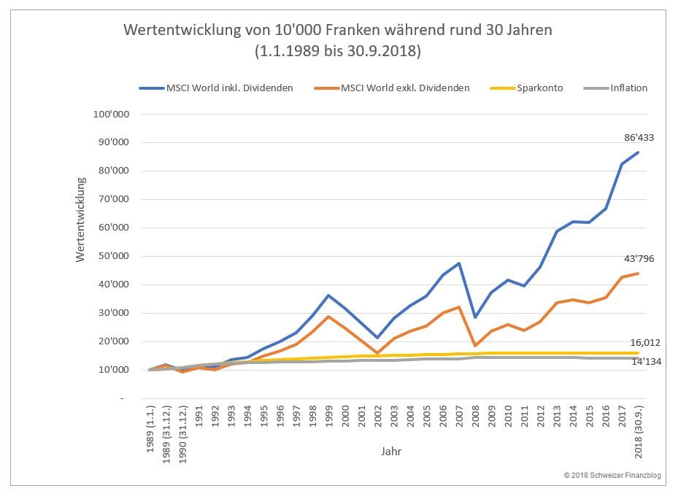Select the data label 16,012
[645, 341]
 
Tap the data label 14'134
[645, 361]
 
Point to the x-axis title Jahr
[391, 451]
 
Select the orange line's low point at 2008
[476, 346]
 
